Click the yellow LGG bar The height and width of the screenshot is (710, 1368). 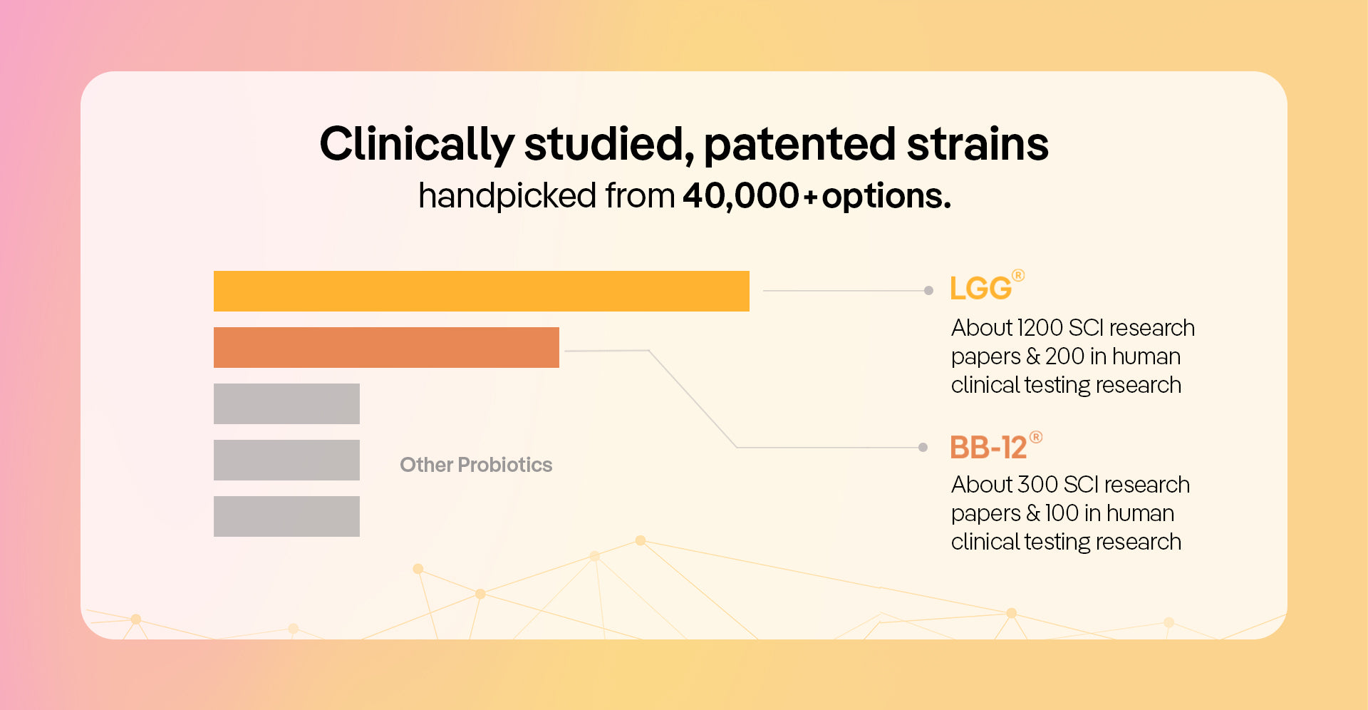481,291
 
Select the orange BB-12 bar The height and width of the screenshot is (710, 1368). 386,347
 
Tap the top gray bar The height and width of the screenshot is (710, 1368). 286,403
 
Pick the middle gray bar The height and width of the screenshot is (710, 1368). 286,460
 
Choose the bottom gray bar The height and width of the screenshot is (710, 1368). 286,516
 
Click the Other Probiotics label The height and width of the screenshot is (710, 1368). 476,465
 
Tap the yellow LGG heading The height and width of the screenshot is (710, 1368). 980,289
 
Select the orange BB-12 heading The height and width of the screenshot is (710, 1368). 988,448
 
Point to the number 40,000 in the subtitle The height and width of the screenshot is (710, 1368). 741,196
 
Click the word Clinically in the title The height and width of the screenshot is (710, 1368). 417,144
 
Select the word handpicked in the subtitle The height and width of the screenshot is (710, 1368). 507,196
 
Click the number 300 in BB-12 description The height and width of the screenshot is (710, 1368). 1037,485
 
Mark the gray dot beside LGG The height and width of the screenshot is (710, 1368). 928,290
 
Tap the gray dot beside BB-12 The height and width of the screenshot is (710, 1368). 923,447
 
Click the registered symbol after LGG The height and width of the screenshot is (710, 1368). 1018,275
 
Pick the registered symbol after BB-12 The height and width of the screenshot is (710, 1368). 1036,437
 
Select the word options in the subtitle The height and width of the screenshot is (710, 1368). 886,196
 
